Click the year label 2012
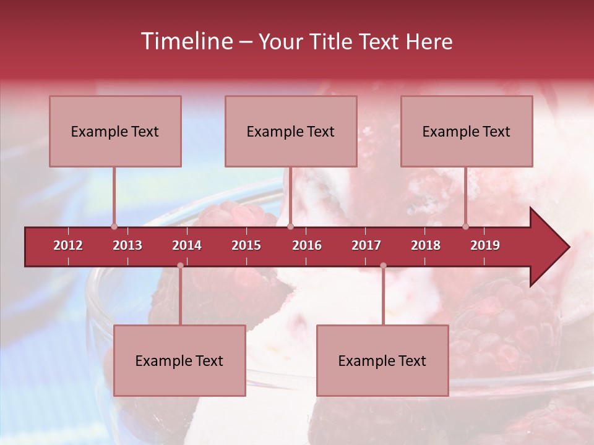[x=68, y=245]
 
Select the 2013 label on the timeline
[x=127, y=245]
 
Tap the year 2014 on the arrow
[x=187, y=245]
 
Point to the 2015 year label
[x=246, y=245]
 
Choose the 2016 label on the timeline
[x=307, y=245]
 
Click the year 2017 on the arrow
[x=366, y=245]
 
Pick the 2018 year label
[x=426, y=245]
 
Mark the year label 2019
[x=485, y=245]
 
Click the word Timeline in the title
[x=186, y=41]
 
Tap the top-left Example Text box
[x=115, y=132]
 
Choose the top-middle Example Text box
[x=291, y=132]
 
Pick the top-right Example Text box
[x=467, y=132]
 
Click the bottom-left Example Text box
[x=179, y=361]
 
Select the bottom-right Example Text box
[x=382, y=361]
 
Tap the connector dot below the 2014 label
[x=180, y=266]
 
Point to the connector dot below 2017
[x=383, y=266]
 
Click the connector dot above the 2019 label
[x=466, y=226]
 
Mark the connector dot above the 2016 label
[x=291, y=226]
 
